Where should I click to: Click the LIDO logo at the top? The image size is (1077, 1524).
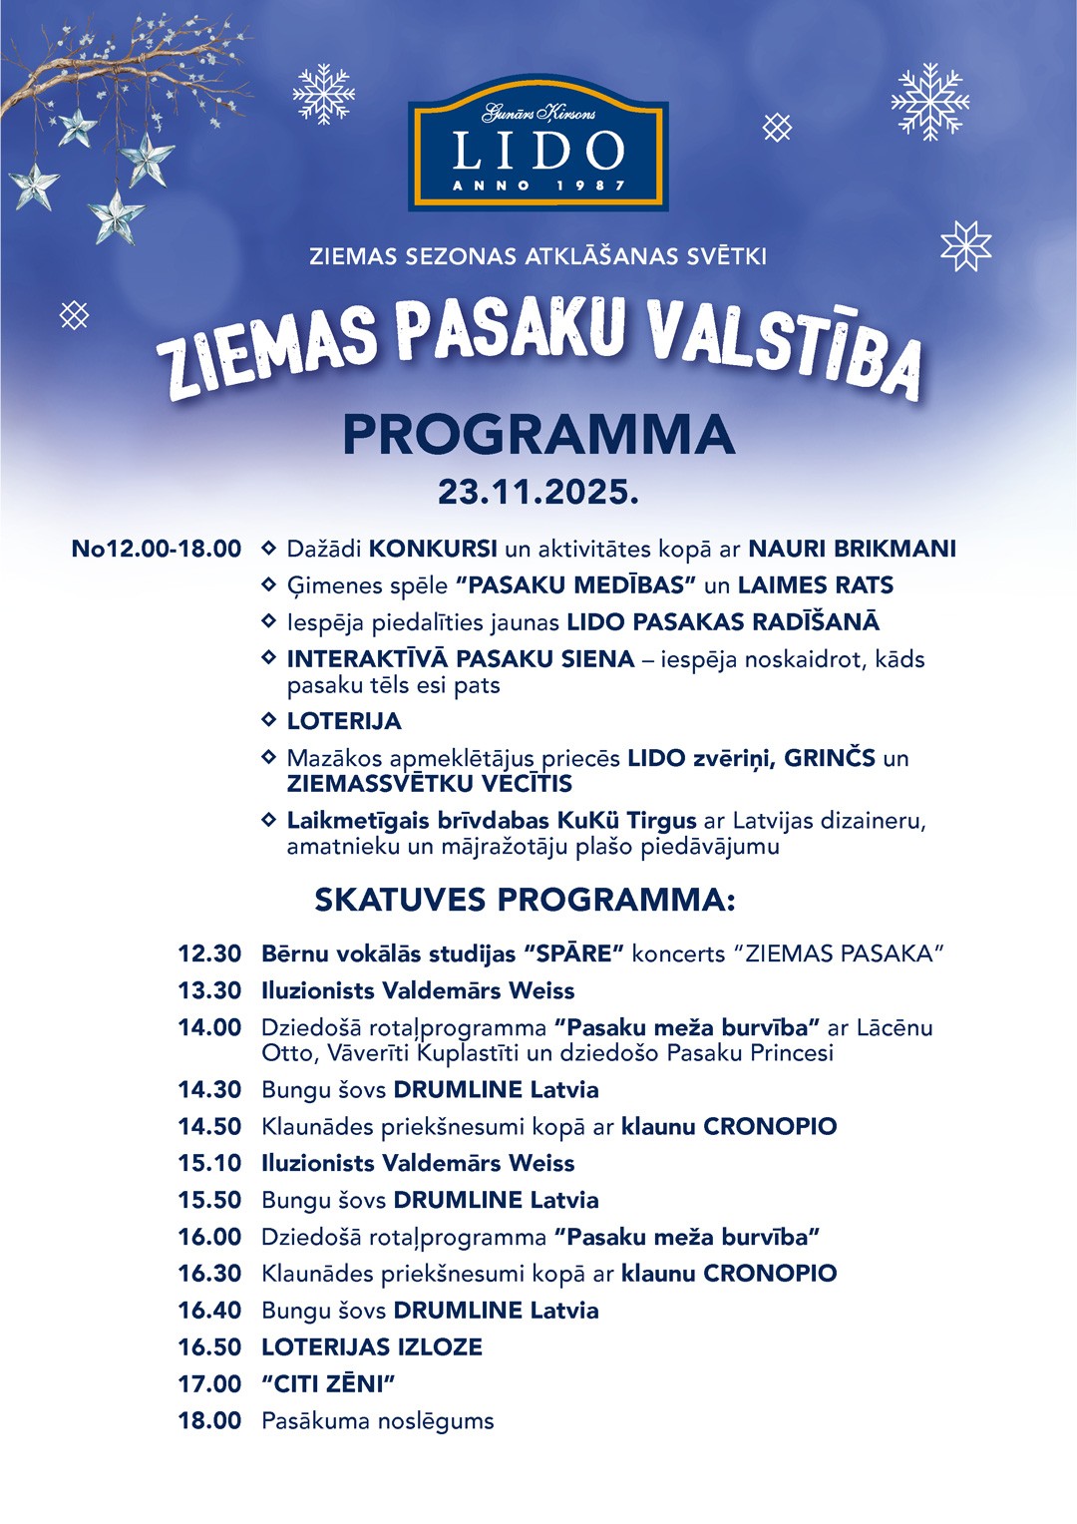pyautogui.click(x=538, y=146)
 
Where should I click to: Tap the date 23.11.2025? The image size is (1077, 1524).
pyautogui.click(x=538, y=492)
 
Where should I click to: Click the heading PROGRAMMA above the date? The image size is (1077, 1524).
pyautogui.click(x=538, y=435)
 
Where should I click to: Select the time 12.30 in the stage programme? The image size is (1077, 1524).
pyautogui.click(x=209, y=953)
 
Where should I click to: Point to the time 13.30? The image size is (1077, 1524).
pyautogui.click(x=209, y=990)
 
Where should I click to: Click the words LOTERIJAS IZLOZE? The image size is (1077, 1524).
pyautogui.click(x=372, y=1346)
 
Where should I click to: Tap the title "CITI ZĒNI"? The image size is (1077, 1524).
pyautogui.click(x=329, y=1383)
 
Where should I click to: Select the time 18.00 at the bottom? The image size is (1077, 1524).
pyautogui.click(x=209, y=1420)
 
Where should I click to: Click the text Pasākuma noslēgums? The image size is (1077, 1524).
pyautogui.click(x=378, y=1420)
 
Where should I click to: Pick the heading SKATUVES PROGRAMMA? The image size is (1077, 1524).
pyautogui.click(x=525, y=900)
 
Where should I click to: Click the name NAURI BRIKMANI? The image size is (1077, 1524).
pyautogui.click(x=852, y=549)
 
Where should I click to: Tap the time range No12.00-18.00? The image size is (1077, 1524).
pyautogui.click(x=157, y=549)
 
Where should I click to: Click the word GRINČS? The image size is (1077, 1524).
pyautogui.click(x=830, y=758)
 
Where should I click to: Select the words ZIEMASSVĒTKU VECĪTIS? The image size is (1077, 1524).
pyautogui.click(x=430, y=784)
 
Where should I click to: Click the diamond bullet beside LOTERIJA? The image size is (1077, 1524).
pyautogui.click(x=268, y=719)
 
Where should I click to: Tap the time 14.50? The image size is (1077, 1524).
pyautogui.click(x=209, y=1126)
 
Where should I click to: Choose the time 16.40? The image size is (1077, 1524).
pyautogui.click(x=209, y=1310)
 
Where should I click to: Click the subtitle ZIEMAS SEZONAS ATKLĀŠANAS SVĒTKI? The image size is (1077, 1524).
pyautogui.click(x=538, y=256)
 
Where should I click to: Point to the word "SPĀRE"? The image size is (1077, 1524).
pyautogui.click(x=573, y=953)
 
